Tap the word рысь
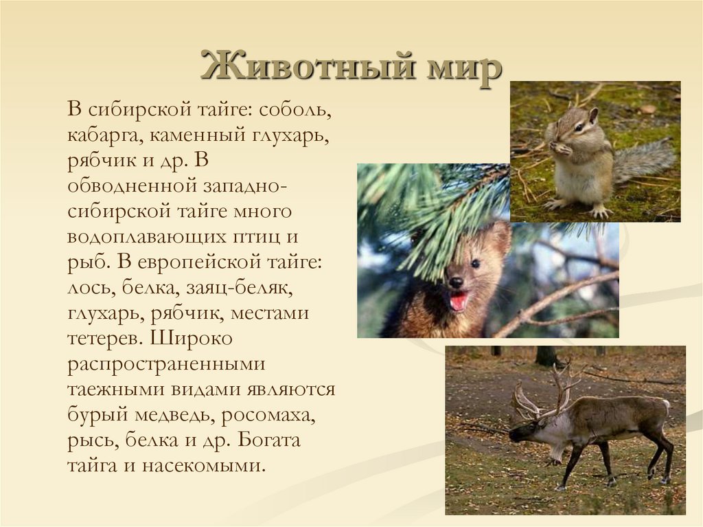coord(87,440)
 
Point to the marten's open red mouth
coord(459,300)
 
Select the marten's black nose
coord(454,282)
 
